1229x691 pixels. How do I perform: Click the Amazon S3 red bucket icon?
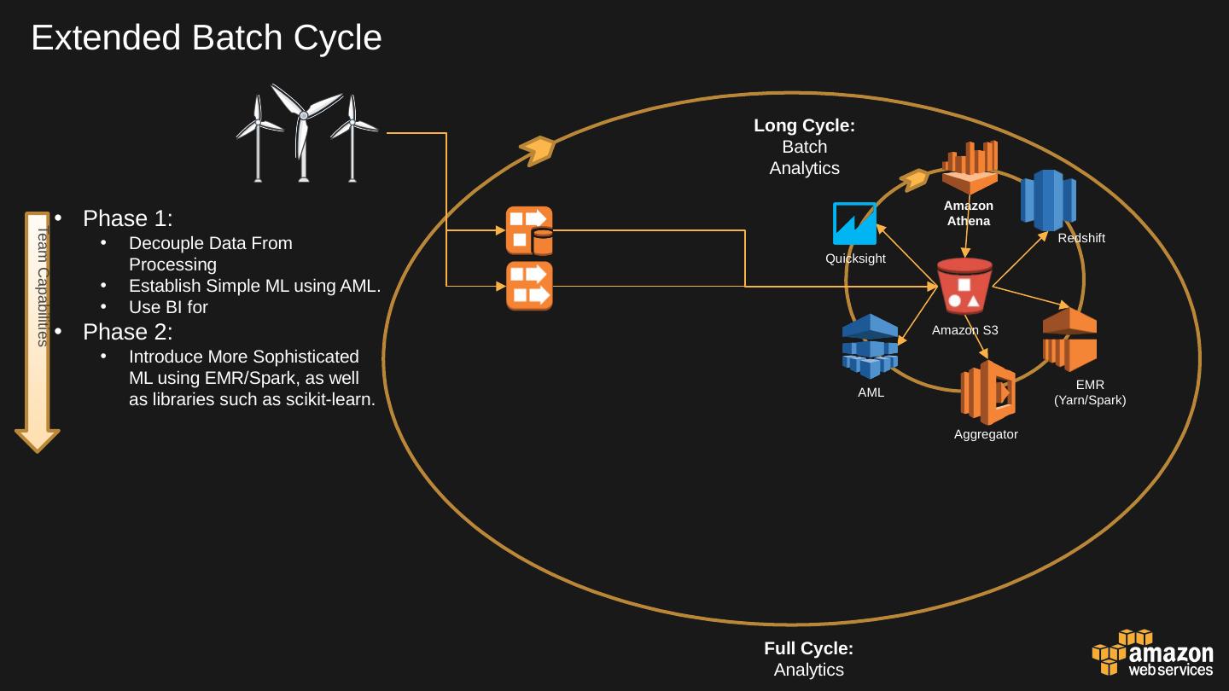point(964,287)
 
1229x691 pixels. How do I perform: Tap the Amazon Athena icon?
point(970,167)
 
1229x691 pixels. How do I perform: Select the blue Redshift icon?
point(1048,201)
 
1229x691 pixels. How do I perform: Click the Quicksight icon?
point(854,224)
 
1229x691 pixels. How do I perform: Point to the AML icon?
point(870,346)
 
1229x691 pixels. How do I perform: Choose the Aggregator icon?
point(987,392)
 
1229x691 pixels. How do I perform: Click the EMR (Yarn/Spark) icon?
point(1069,340)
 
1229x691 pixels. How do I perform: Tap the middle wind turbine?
point(302,132)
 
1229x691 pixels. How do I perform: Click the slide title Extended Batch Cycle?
point(207,38)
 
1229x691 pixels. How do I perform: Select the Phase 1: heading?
point(128,218)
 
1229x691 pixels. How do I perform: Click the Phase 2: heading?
point(128,331)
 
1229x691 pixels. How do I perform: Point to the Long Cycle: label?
point(804,125)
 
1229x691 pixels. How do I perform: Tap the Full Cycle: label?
point(808,648)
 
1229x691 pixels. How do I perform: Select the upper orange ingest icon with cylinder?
point(529,230)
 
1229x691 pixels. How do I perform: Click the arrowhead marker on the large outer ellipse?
point(539,149)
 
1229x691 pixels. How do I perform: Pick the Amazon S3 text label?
point(964,330)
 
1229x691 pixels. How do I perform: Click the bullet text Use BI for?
point(168,307)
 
